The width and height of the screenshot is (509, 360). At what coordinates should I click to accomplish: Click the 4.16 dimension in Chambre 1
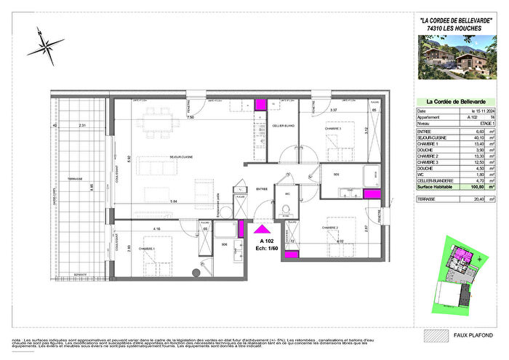pos(156,230)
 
